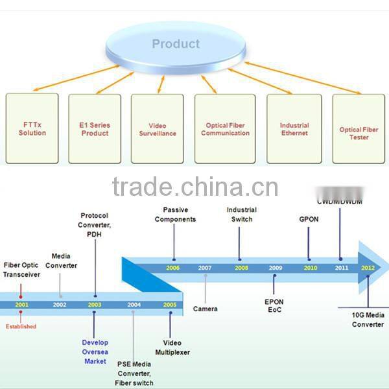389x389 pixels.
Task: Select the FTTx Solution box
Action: (x=32, y=128)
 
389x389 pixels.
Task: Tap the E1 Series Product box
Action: (x=95, y=128)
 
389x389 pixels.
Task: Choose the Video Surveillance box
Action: (x=157, y=128)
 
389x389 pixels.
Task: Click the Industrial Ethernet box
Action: (x=294, y=128)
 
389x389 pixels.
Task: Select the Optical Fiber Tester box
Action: (x=359, y=133)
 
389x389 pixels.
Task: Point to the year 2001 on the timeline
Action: (x=21, y=303)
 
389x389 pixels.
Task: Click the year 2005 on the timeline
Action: (x=170, y=303)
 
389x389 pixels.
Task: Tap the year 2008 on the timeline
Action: (x=241, y=267)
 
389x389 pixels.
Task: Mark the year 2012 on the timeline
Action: (x=368, y=267)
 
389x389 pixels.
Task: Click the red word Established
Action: (x=21, y=326)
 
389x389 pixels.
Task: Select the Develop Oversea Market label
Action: (x=95, y=351)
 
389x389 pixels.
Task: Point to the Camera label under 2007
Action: (x=205, y=309)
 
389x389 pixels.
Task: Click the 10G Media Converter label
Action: (x=368, y=320)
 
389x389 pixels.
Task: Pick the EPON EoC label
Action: (x=274, y=307)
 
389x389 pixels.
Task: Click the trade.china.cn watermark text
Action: (x=194, y=187)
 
